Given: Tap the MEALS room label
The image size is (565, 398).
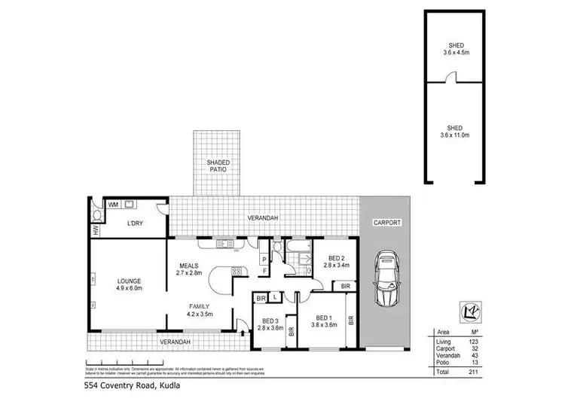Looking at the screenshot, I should pos(188,265).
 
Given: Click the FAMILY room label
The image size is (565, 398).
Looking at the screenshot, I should pos(199,306).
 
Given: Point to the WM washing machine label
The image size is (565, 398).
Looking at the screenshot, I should pos(113,204).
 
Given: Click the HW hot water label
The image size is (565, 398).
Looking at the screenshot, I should pos(96,229).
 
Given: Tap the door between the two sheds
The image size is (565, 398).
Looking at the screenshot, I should pos(451,77).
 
